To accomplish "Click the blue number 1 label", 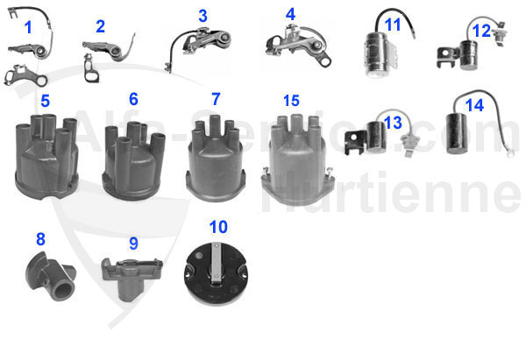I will coord(27,27).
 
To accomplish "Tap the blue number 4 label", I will coord(290,15).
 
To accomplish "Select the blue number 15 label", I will coord(291,99).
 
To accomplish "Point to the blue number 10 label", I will coord(218,227).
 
